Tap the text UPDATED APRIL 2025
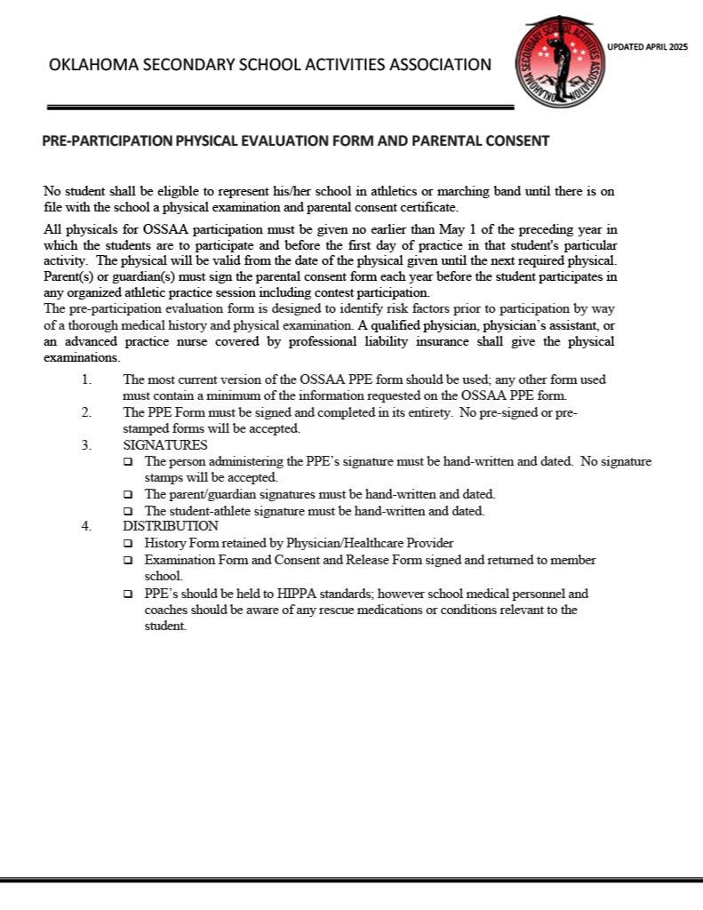pos(647,47)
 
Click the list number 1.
pos(86,379)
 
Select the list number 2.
pos(86,412)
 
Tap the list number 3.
pos(86,445)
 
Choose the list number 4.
pos(86,526)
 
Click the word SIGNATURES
pos(165,445)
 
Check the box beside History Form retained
pos(128,544)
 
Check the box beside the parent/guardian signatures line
pos(128,495)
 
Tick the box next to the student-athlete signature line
pos(128,512)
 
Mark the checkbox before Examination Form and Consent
pos(128,561)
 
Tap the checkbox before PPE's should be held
pos(128,594)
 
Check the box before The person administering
pos(128,462)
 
